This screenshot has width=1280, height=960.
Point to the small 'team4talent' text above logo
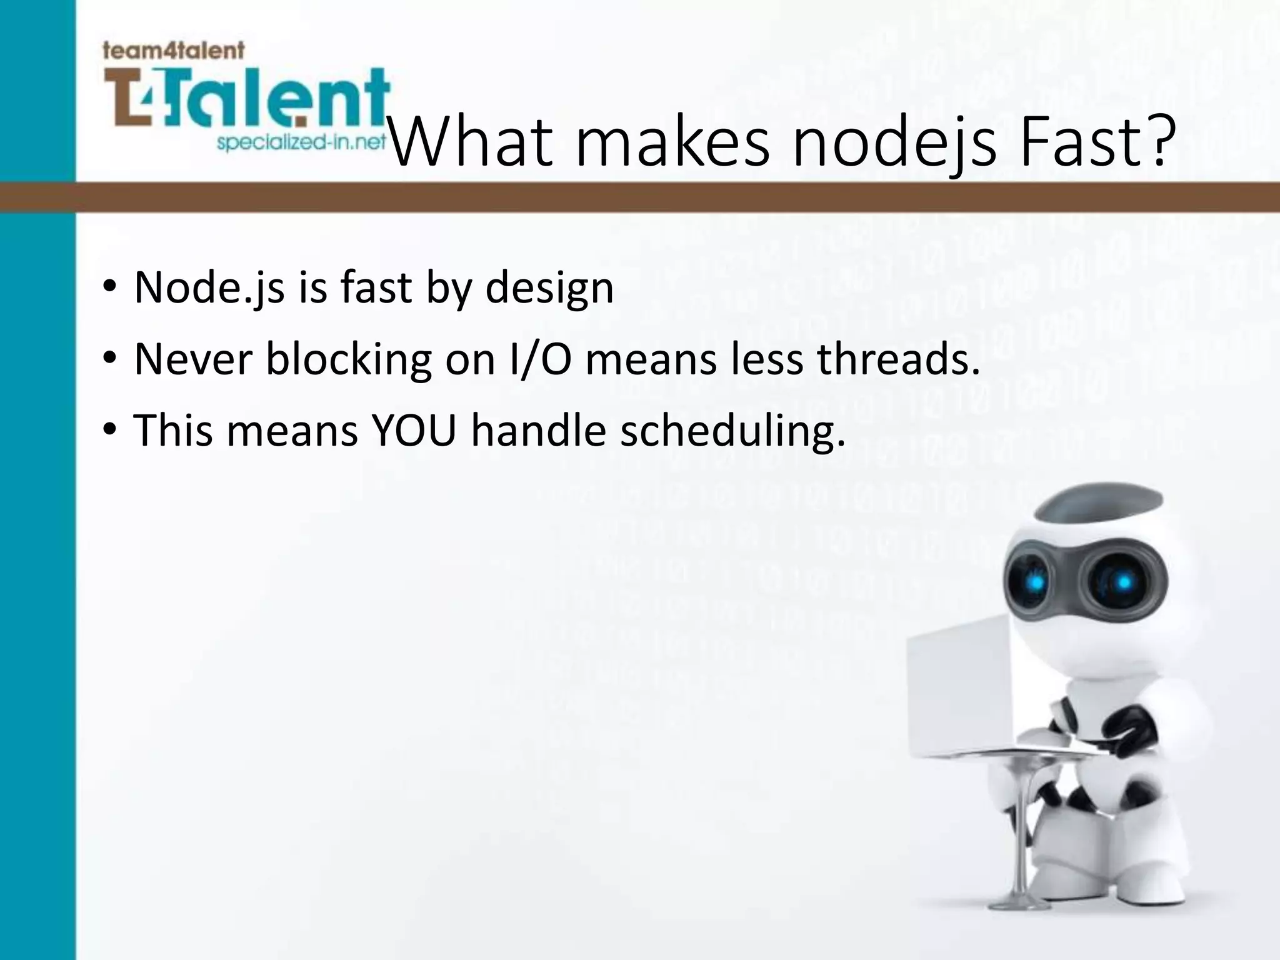click(173, 50)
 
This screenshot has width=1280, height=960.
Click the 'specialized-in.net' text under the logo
click(301, 143)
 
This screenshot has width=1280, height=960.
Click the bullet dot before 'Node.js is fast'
click(110, 288)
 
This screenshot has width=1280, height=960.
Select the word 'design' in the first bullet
click(549, 289)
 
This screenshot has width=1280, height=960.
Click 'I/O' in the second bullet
click(541, 360)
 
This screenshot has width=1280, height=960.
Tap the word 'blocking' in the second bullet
click(348, 360)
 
